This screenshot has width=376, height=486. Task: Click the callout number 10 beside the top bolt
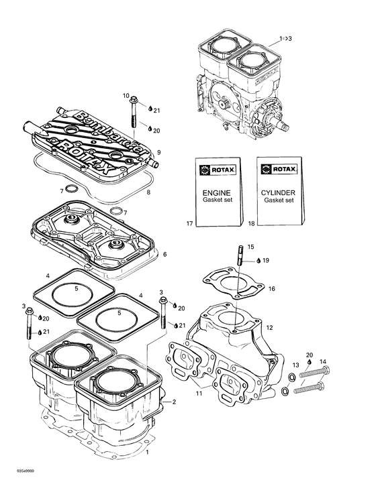coord(126,97)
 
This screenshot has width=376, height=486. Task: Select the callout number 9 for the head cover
coord(158,152)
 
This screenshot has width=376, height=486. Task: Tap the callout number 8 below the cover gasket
coord(148,192)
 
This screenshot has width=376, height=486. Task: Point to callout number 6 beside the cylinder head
coord(164,254)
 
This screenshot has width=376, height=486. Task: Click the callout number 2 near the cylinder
coord(174,402)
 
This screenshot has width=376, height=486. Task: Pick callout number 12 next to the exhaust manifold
coord(269,328)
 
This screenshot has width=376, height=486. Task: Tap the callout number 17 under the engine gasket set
coord(189,222)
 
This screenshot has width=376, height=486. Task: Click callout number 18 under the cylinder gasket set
coord(252,222)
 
